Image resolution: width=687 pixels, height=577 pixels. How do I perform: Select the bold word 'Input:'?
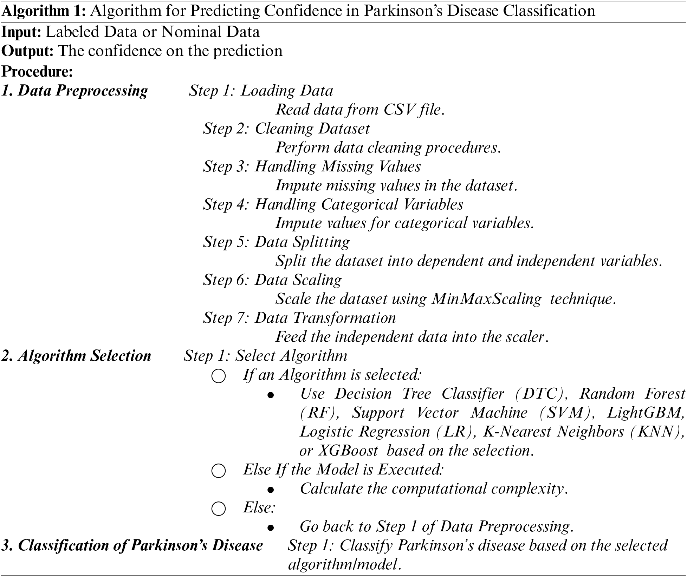(x=22, y=32)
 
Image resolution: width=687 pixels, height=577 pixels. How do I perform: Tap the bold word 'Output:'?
(x=27, y=51)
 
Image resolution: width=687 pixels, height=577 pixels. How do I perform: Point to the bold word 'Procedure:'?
(x=37, y=72)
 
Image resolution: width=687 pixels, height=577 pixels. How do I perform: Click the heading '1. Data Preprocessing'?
(x=74, y=91)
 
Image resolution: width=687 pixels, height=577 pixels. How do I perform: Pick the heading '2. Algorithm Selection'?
(x=76, y=356)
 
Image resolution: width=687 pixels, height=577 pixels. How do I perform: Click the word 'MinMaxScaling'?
(x=486, y=299)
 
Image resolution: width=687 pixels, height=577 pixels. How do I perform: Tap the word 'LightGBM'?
(x=646, y=413)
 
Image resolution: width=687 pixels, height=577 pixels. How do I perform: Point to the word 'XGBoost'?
(x=348, y=451)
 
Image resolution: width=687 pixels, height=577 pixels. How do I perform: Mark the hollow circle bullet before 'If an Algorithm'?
(x=218, y=376)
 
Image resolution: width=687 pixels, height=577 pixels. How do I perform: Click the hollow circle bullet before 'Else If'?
(x=218, y=471)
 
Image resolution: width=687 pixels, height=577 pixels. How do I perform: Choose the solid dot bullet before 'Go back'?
(x=270, y=527)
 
